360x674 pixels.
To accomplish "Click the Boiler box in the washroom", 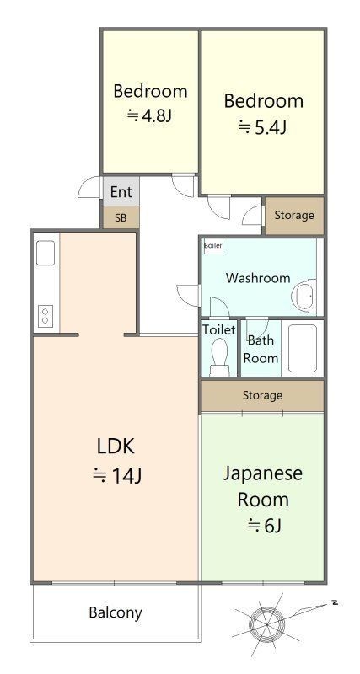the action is coord(213,246).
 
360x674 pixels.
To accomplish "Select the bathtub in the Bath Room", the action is coord(303,348).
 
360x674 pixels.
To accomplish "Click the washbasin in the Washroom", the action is coord(304,297).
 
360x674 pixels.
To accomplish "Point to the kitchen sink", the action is coord(46,253).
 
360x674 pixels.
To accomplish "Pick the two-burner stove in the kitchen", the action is coord(46,316).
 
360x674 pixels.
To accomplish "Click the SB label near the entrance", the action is coord(121,218).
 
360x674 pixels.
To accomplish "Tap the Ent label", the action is coord(121,192).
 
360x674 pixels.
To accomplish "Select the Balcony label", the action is coord(116,612).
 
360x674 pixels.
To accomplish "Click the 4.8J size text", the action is coord(150,115).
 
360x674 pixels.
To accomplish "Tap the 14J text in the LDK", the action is coord(117,475).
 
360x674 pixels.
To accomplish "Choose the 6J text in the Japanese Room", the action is coord(265,525).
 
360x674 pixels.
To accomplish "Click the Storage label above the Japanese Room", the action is coord(262,395).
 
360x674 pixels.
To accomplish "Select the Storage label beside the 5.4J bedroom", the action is coord(294,215).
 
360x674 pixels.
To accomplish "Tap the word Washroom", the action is coord(258,278).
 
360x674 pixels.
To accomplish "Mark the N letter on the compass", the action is coord(334,602).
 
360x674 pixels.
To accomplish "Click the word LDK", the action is coord(116,447).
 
